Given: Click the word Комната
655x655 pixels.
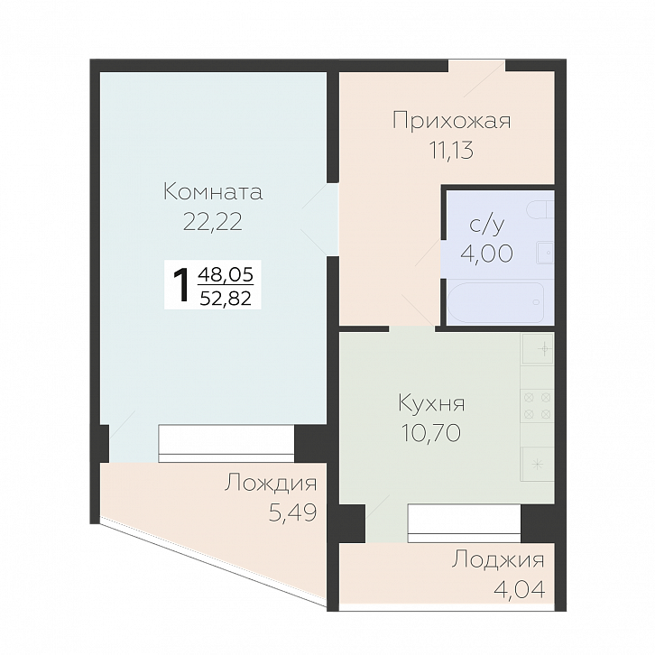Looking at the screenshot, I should [x=212, y=192].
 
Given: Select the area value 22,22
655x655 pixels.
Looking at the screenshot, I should [x=213, y=222].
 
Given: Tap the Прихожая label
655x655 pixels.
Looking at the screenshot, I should [x=451, y=121].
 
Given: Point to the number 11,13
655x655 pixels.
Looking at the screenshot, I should [x=451, y=151].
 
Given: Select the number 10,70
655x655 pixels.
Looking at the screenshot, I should [x=431, y=433].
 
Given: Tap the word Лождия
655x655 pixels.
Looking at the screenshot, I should [x=270, y=484].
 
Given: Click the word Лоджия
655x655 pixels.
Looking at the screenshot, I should [x=499, y=560].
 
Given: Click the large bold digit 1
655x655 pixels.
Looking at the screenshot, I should [x=181, y=285].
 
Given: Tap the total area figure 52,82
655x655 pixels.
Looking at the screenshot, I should [x=229, y=298].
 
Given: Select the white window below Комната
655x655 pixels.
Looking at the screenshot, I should [x=226, y=443].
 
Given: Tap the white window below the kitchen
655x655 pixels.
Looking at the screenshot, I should [x=463, y=521].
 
